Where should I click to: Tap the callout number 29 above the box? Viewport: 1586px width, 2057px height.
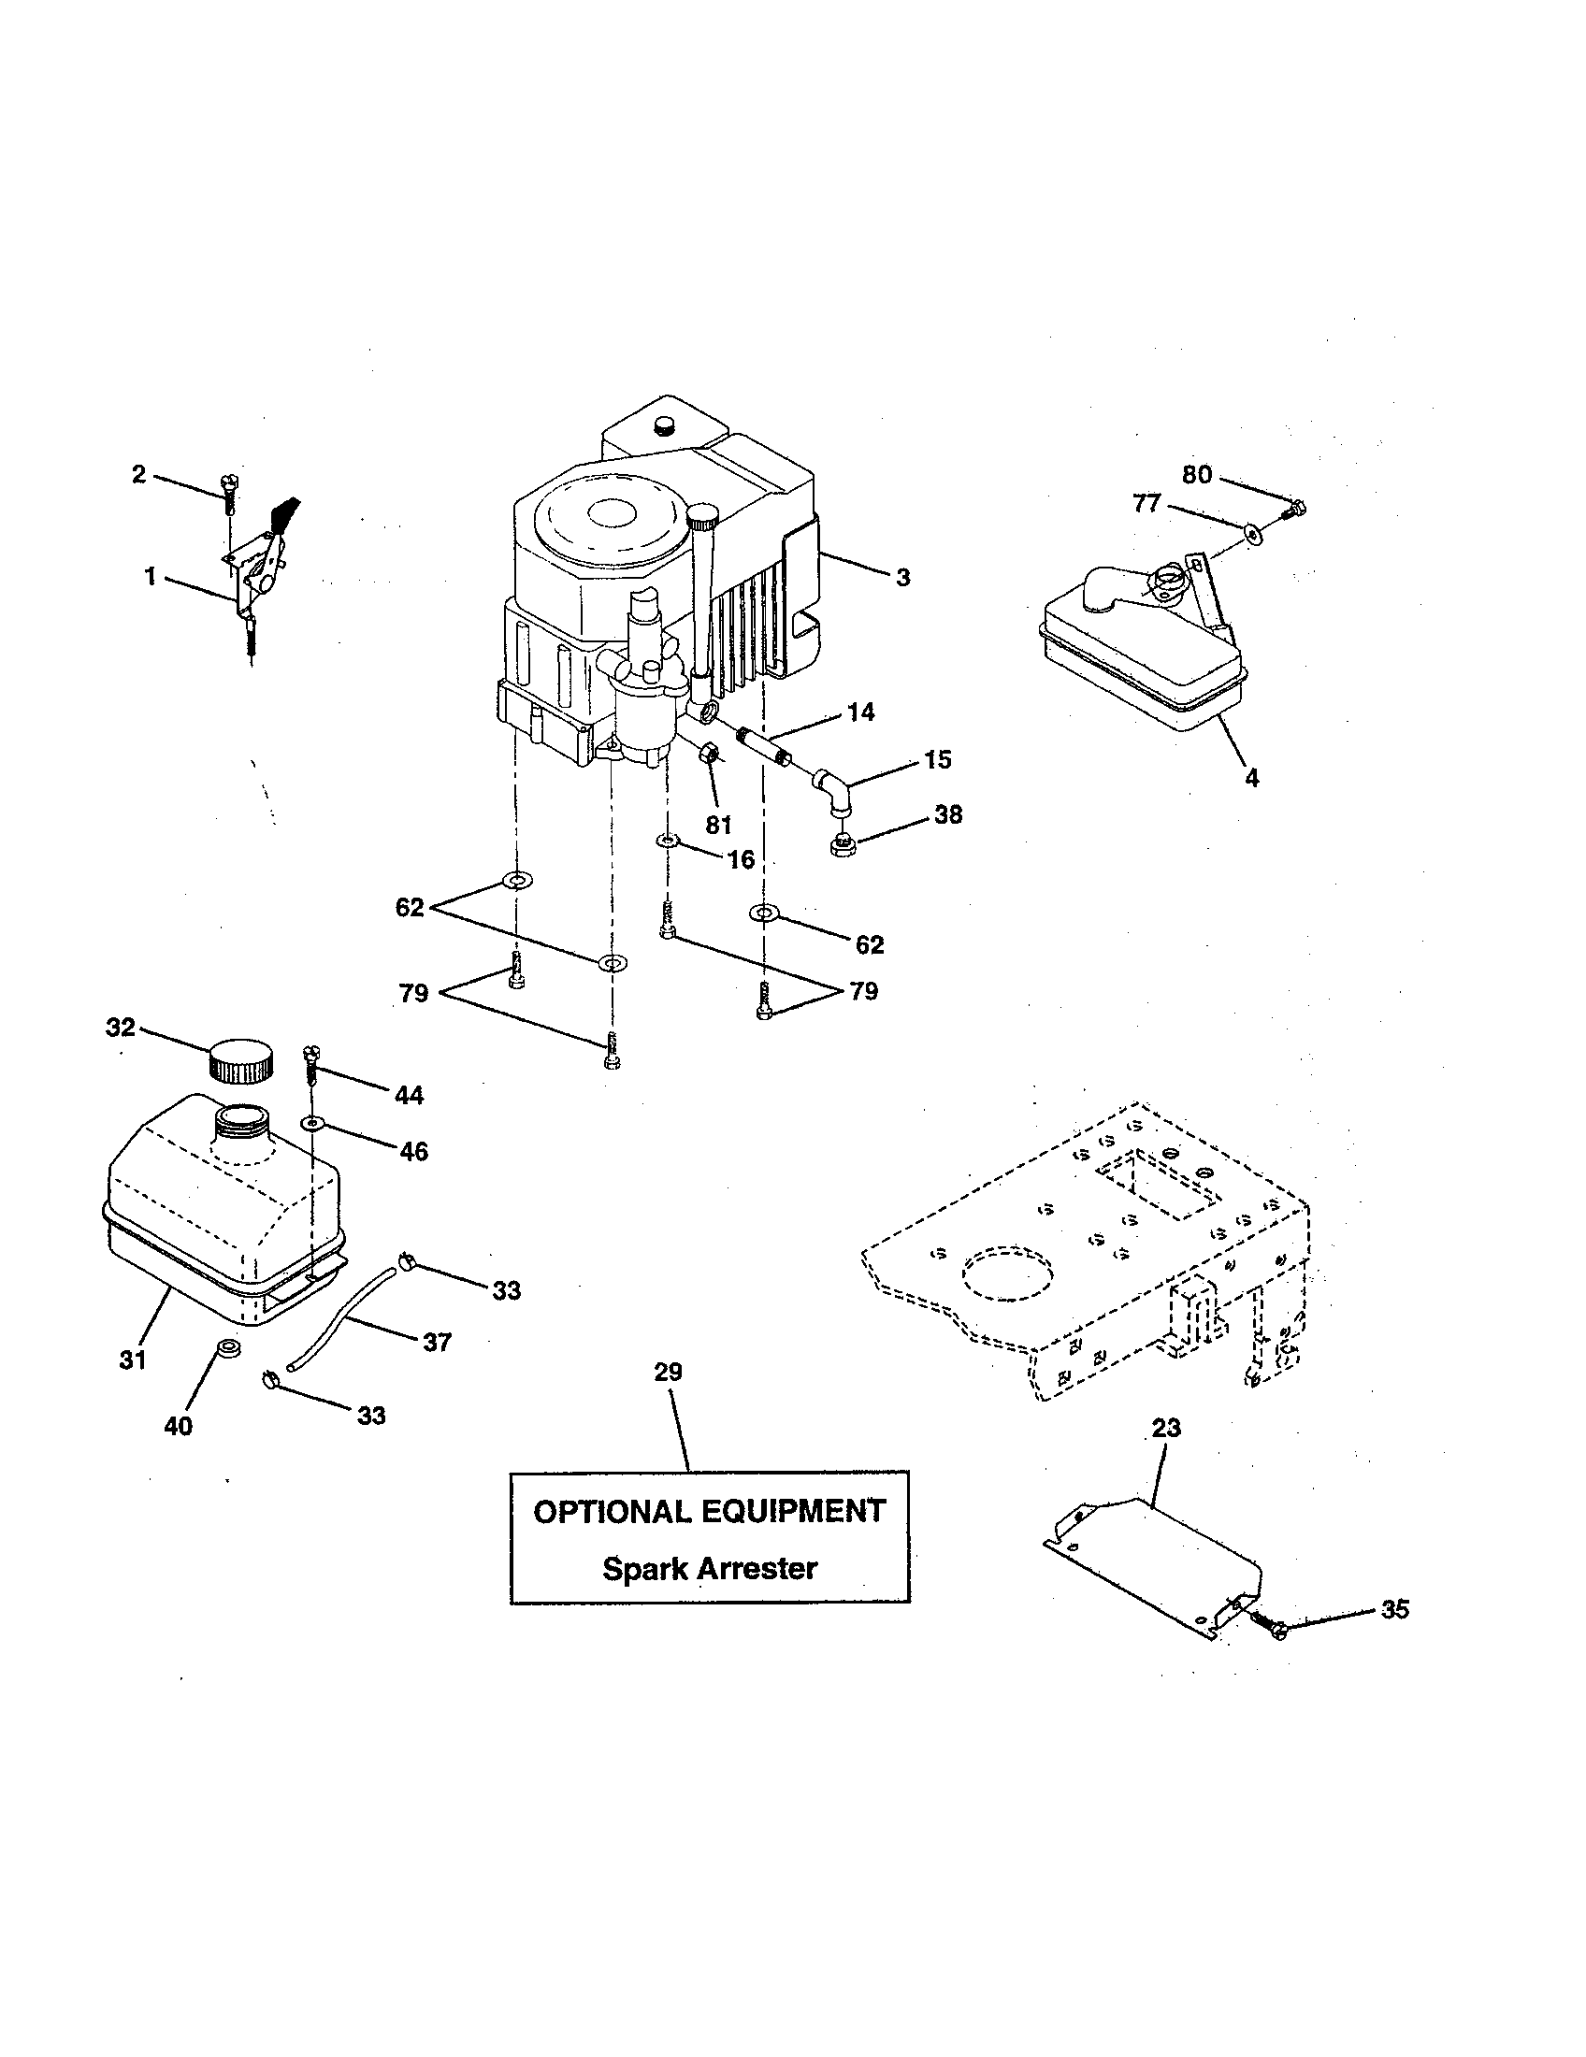pyautogui.click(x=668, y=1373)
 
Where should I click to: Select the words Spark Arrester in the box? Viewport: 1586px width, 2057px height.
pyautogui.click(x=709, y=1568)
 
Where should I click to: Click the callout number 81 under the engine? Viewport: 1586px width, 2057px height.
pyautogui.click(x=718, y=825)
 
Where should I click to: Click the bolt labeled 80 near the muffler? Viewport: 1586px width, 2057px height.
pyautogui.click(x=1292, y=510)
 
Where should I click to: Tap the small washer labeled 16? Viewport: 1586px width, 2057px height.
pyautogui.click(x=667, y=840)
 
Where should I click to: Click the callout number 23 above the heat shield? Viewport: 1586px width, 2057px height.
pyautogui.click(x=1166, y=1428)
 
